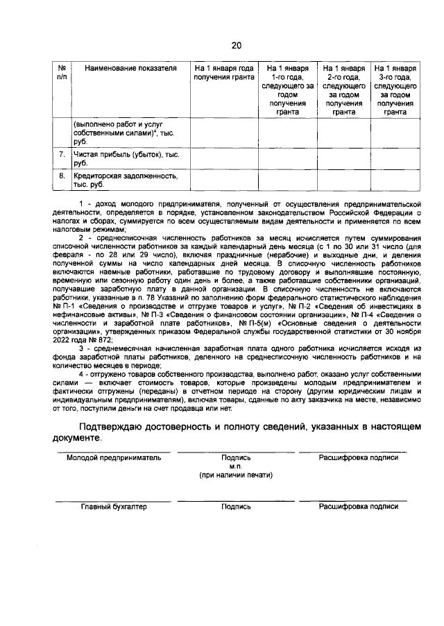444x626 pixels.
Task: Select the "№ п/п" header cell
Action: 61,73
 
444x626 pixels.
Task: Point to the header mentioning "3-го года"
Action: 395,90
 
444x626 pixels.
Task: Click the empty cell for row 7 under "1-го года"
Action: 287,158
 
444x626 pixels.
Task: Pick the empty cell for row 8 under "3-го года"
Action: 395,180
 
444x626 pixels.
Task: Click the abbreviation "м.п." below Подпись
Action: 236,466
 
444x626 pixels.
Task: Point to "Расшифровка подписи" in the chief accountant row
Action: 358,507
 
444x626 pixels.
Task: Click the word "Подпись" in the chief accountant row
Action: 236,507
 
